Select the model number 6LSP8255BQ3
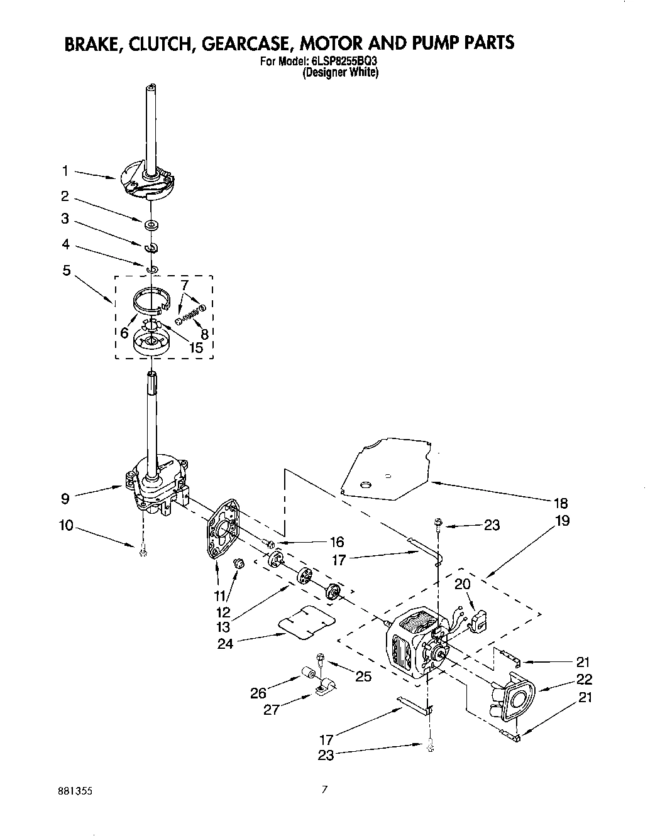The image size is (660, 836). (343, 62)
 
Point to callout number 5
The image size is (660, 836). (67, 271)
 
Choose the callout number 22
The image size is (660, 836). (584, 679)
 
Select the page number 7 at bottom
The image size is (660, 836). (324, 790)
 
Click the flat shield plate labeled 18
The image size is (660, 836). (390, 468)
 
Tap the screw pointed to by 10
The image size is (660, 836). (143, 551)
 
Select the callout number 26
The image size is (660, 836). (258, 693)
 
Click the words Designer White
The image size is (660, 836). (340, 73)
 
